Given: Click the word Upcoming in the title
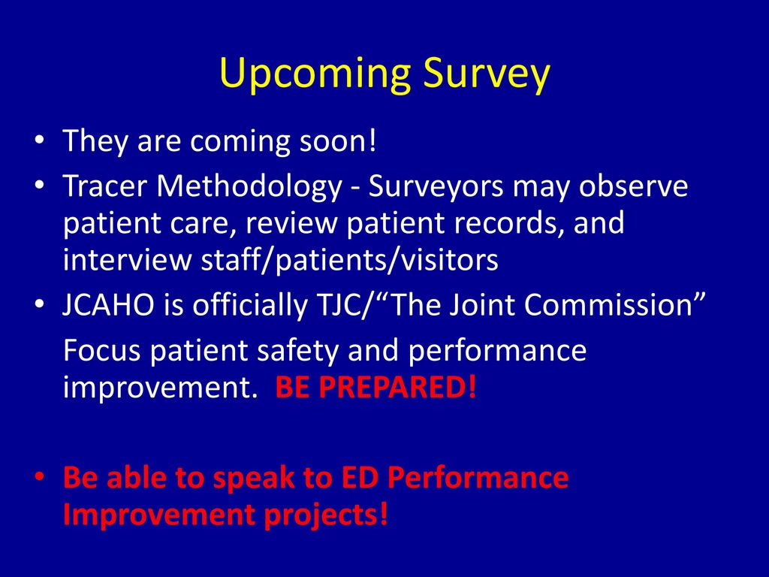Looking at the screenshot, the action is [315, 74].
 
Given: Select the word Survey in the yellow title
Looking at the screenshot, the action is [487, 74].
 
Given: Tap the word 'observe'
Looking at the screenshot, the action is [633, 186].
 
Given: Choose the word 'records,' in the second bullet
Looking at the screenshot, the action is [508, 223].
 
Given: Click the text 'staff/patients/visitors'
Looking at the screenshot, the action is [350, 260].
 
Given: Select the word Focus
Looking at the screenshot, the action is [102, 350].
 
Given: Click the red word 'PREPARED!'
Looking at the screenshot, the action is [397, 388].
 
